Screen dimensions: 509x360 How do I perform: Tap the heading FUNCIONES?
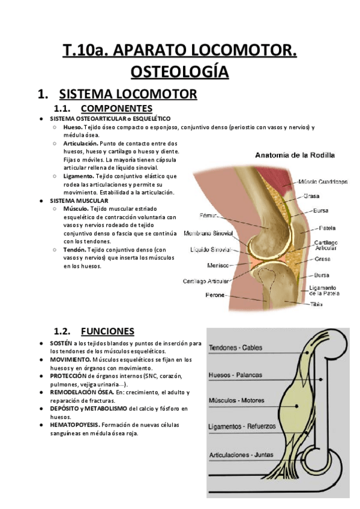(x=107, y=331)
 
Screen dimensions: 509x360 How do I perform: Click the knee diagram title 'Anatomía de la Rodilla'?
(x=295, y=155)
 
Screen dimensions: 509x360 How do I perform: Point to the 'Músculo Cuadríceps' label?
(x=323, y=181)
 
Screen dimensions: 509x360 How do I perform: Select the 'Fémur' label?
(x=209, y=215)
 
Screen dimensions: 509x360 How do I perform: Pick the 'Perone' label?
(x=214, y=295)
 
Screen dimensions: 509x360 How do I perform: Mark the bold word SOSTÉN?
(x=61, y=343)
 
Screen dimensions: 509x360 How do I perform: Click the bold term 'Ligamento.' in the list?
(x=77, y=176)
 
